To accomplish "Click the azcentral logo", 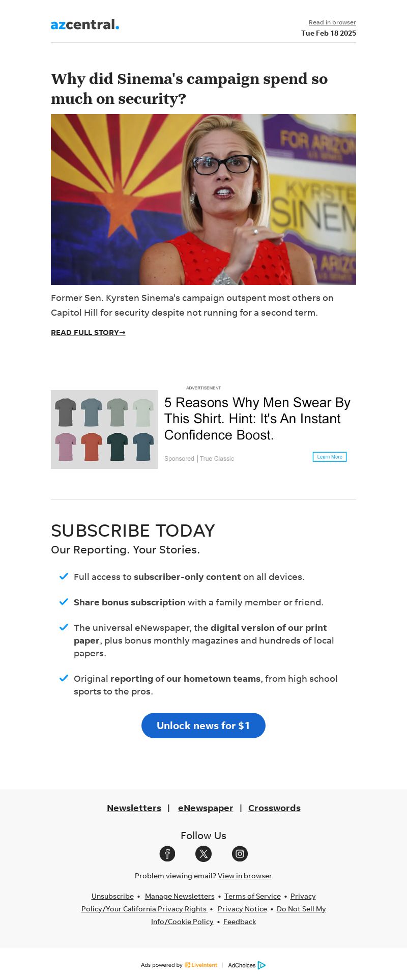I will tap(85, 24).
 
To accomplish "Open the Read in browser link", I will tap(332, 22).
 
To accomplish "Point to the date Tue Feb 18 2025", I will tap(328, 33).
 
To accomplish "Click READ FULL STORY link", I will tap(88, 332).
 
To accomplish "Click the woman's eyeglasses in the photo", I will tap(222, 164).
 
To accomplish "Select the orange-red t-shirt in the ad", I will tap(92, 447).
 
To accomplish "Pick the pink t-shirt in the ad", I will tap(65, 447).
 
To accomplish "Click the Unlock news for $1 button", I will tap(203, 726).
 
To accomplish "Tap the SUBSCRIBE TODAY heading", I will tap(133, 531).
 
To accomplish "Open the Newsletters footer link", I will tap(134, 808).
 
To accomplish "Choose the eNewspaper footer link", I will tap(206, 808).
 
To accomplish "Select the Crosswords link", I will tap(274, 808).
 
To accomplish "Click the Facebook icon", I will tap(167, 854).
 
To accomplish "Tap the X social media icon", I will tap(203, 854).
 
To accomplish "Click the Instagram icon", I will tap(240, 854).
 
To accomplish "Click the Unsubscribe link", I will tap(112, 896).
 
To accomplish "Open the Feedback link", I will tap(240, 922).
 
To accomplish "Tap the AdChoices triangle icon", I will tap(261, 965).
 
